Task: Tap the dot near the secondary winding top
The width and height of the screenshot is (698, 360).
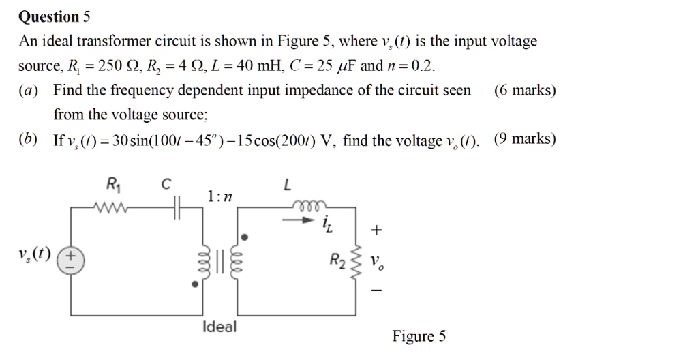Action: pyautogui.click(x=247, y=237)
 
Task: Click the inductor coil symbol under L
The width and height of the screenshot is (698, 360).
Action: pyautogui.click(x=309, y=205)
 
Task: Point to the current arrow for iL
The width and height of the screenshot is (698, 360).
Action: pyautogui.click(x=297, y=221)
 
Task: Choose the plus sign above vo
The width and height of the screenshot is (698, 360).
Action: pyautogui.click(x=378, y=232)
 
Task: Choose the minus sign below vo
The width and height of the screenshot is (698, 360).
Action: pyautogui.click(x=378, y=291)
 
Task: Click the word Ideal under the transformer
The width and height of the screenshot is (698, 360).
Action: pyautogui.click(x=219, y=327)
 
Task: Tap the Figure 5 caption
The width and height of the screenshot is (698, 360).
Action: pyautogui.click(x=419, y=336)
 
